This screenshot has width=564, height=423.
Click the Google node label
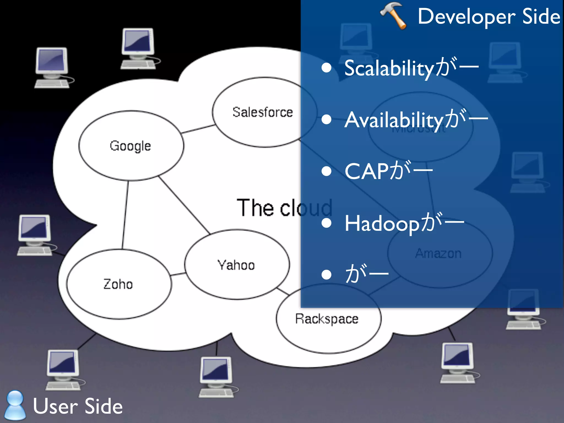click(130, 146)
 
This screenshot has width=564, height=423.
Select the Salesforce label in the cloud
click(262, 112)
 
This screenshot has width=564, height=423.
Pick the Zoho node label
click(118, 284)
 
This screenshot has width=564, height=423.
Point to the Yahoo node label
click(236, 265)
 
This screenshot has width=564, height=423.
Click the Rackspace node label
click(327, 319)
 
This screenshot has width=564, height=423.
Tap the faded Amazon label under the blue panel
click(438, 253)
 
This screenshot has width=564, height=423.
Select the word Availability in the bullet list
click(394, 120)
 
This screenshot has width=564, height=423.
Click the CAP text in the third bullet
click(367, 171)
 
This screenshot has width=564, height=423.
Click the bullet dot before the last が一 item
click(326, 275)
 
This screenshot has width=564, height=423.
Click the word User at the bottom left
click(55, 406)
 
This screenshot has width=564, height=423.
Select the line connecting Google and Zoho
click(125, 215)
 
